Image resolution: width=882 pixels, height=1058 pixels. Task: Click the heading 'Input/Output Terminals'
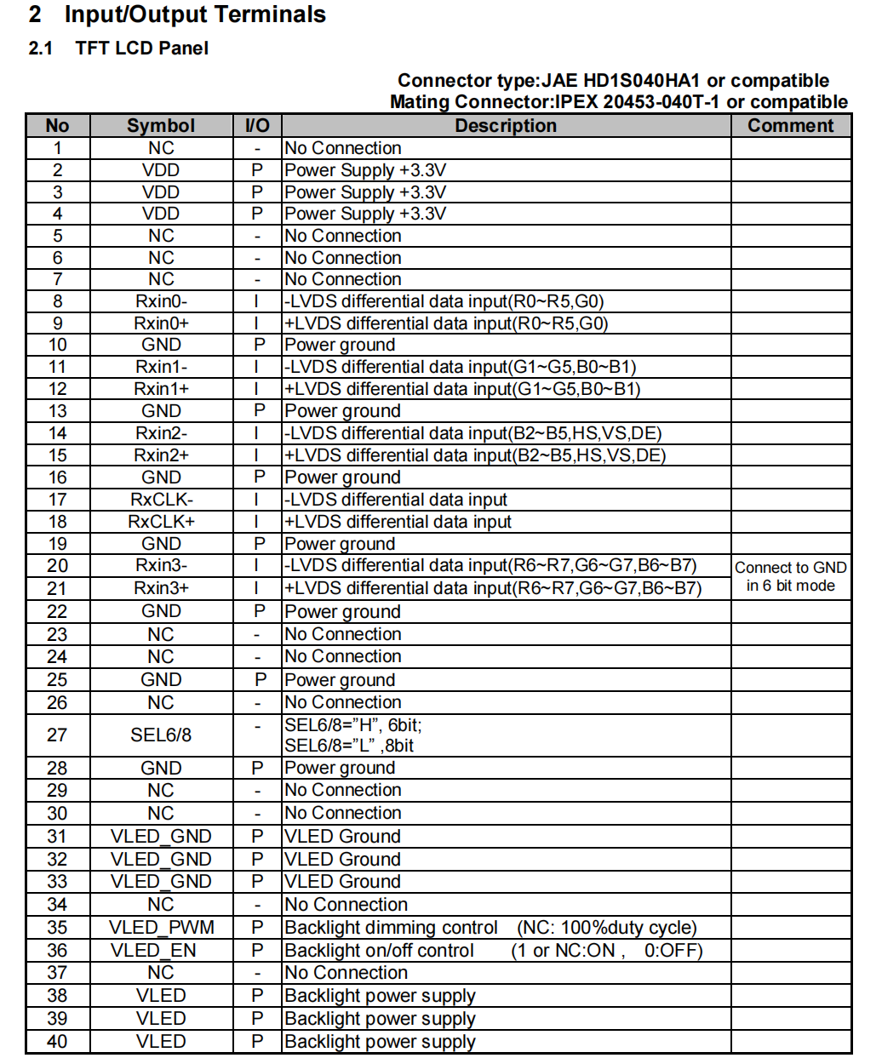(x=194, y=14)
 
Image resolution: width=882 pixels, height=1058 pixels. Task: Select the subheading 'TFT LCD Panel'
(x=141, y=49)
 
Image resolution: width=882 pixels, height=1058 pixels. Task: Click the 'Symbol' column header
(x=161, y=126)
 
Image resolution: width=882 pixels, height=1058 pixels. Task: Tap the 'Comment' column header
(x=790, y=126)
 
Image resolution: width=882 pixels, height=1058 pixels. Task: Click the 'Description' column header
(x=505, y=126)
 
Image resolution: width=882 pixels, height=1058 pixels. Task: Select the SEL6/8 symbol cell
(x=161, y=735)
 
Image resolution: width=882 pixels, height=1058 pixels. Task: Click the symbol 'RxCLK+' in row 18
(x=161, y=522)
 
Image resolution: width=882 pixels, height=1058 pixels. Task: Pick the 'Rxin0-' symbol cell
(x=161, y=301)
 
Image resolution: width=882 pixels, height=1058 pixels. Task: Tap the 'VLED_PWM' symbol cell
(x=161, y=928)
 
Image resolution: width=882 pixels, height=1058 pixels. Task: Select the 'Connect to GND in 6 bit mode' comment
(x=790, y=576)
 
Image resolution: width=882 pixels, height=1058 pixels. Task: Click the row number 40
(x=57, y=1042)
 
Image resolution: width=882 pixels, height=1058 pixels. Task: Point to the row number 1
(x=57, y=148)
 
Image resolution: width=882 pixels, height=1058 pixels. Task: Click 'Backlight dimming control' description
(x=391, y=928)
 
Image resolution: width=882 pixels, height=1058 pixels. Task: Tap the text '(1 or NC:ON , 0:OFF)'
(x=606, y=951)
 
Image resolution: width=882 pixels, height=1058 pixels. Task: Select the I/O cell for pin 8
(x=256, y=301)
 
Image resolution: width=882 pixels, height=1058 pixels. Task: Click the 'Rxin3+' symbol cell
(x=161, y=588)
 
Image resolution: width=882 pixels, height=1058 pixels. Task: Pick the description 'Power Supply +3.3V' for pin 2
(x=364, y=170)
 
